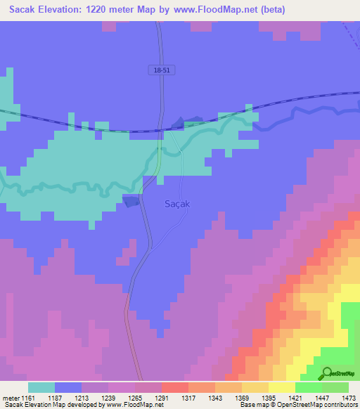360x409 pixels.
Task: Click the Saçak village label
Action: click(175, 202)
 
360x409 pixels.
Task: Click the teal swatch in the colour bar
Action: click(41, 387)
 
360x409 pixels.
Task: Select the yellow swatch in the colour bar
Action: click(282, 387)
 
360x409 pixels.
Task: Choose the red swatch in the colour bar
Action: click(175, 387)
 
